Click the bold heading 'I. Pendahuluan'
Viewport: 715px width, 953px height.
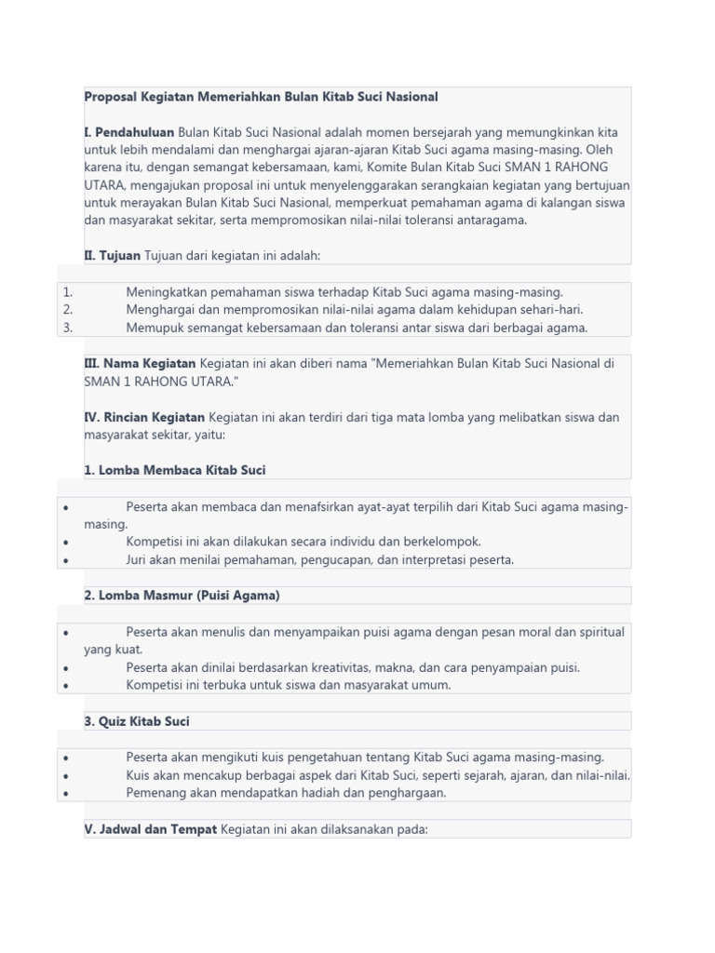tap(128, 132)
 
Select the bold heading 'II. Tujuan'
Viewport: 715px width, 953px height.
tap(112, 255)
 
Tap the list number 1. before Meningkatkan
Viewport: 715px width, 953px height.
tap(68, 292)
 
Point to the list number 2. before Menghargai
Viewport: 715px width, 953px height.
tap(68, 310)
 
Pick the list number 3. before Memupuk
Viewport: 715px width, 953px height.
tap(68, 328)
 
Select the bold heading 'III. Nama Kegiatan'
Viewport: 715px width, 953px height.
tap(140, 364)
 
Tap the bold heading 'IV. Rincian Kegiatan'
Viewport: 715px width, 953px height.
tap(144, 417)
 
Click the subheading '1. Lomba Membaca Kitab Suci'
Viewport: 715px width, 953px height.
tap(174, 470)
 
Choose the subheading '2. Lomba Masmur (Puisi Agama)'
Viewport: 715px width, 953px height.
tap(182, 595)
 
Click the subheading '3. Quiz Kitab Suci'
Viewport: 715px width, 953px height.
tap(137, 721)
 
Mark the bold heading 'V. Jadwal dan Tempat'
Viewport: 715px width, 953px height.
tap(150, 828)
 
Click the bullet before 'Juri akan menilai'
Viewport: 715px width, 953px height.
tap(66, 560)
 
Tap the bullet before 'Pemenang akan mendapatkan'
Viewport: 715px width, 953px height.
tap(66, 794)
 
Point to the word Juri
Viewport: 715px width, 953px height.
tap(138, 559)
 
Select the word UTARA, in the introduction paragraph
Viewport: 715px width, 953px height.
tap(103, 185)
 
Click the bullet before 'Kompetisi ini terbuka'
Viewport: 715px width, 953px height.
tap(66, 686)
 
